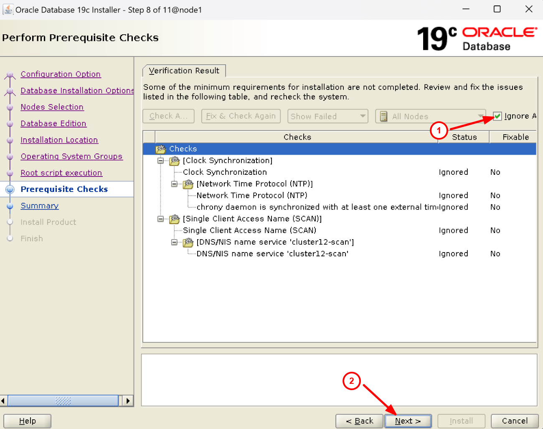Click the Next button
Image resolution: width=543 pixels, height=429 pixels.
tap(408, 421)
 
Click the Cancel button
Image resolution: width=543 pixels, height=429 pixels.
tap(515, 421)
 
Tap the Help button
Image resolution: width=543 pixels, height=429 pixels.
tap(28, 421)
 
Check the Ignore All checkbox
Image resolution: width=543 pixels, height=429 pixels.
tap(497, 116)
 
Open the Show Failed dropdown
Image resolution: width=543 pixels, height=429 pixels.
tap(327, 116)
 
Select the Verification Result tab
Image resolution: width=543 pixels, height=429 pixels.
tap(184, 71)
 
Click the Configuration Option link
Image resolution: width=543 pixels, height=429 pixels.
tap(61, 74)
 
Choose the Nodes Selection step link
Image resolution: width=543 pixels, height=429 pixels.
tap(52, 107)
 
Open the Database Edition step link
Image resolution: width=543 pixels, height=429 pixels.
tap(53, 123)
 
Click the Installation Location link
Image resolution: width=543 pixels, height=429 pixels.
tap(59, 140)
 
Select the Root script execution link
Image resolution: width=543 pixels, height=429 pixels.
tap(61, 173)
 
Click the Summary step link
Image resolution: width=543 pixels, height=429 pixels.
tap(40, 206)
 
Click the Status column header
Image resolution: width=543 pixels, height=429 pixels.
tap(464, 137)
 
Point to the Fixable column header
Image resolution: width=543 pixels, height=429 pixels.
tap(515, 137)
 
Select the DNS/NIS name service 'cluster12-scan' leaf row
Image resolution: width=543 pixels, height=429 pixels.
tap(272, 254)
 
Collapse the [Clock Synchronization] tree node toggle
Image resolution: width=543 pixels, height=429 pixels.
tap(160, 161)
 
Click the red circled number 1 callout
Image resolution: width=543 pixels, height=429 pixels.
tap(439, 130)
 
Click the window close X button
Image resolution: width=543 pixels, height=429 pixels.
tap(529, 9)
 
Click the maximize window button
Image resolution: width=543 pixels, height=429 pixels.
tap(497, 9)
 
